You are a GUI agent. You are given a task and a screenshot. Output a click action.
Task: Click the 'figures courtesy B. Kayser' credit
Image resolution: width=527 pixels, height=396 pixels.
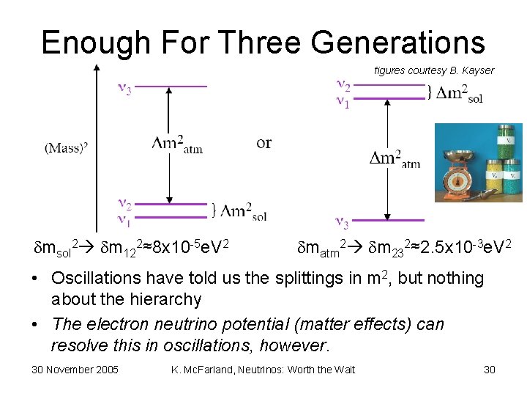(x=434, y=70)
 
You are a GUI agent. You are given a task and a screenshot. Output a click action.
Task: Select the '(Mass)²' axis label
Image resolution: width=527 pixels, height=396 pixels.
(x=67, y=147)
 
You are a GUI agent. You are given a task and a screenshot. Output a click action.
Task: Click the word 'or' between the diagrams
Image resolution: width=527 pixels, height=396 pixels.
(x=264, y=142)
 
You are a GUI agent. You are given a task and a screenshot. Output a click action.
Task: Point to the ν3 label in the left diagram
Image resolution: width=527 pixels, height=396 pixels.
(x=125, y=89)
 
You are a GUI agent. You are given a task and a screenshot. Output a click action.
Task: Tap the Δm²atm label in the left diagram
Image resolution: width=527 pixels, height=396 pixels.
(x=176, y=144)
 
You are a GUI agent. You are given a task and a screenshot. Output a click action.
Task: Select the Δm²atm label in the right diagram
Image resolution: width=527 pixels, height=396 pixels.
(x=395, y=159)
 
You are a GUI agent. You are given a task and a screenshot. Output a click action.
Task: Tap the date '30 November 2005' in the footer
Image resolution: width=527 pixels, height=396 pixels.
(x=75, y=369)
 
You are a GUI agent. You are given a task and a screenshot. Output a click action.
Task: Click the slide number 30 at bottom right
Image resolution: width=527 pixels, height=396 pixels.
(x=490, y=369)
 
